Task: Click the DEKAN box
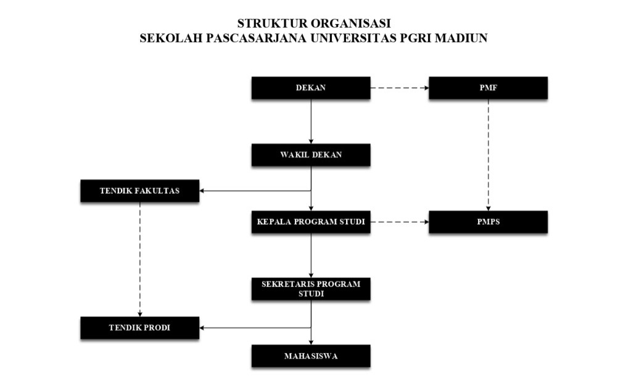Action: pos(310,88)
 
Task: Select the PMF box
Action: pos(488,88)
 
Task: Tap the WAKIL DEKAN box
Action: pos(310,155)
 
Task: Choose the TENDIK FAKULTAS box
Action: pos(139,191)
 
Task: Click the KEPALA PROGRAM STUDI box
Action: pos(310,222)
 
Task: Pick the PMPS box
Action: pos(488,222)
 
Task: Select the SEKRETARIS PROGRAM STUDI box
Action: pos(310,289)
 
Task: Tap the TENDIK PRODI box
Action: pos(139,328)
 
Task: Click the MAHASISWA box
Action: pos(310,356)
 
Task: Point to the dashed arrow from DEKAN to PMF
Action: pos(399,88)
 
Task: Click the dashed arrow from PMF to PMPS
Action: pos(489,154)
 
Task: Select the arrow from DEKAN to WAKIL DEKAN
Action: pos(311,121)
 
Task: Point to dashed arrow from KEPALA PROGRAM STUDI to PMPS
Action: pos(399,222)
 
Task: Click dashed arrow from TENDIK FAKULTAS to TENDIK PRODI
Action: pos(140,259)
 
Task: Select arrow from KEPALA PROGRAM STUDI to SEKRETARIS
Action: pos(311,255)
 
